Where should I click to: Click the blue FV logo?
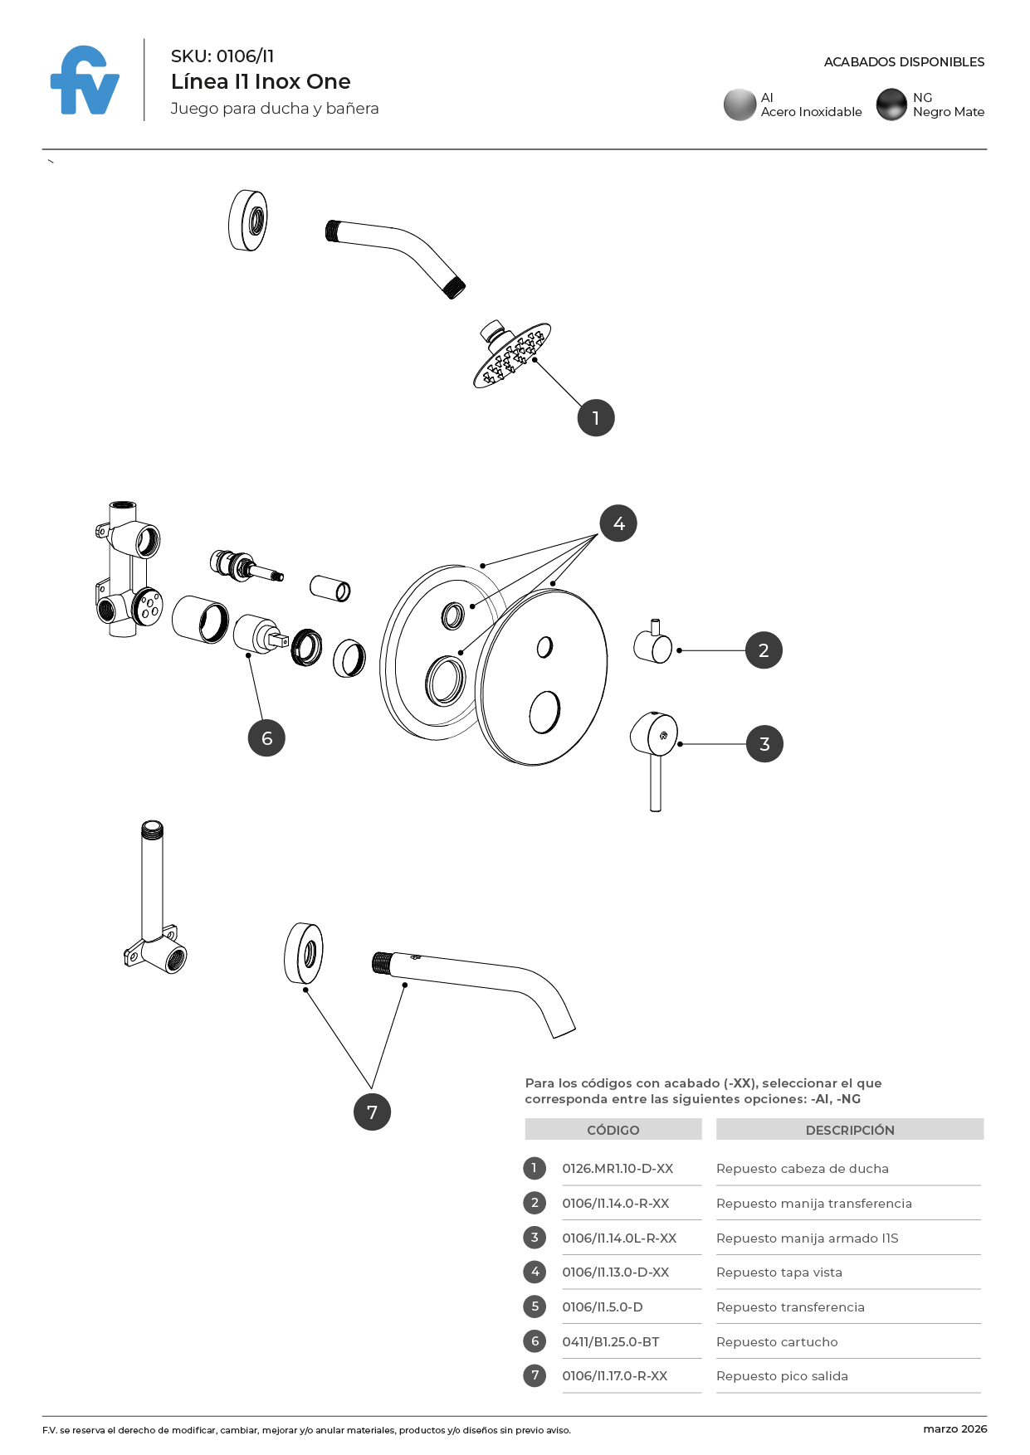point(85,81)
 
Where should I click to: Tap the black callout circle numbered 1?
point(596,418)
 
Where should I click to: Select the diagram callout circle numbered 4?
point(618,523)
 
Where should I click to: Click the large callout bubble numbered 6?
point(266,738)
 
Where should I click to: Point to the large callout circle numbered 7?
point(372,1112)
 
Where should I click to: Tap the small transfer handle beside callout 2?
point(653,645)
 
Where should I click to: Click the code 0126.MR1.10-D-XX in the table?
point(618,1169)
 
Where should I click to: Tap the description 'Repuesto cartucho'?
point(777,1341)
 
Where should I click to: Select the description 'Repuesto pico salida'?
point(782,1376)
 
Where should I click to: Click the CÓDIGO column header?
point(613,1130)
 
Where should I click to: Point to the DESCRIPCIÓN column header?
point(850,1130)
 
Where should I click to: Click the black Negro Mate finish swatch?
point(891,105)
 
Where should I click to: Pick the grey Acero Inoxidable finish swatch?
point(740,105)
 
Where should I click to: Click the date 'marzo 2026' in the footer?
point(954,1428)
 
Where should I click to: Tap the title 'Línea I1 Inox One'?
point(261,81)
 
